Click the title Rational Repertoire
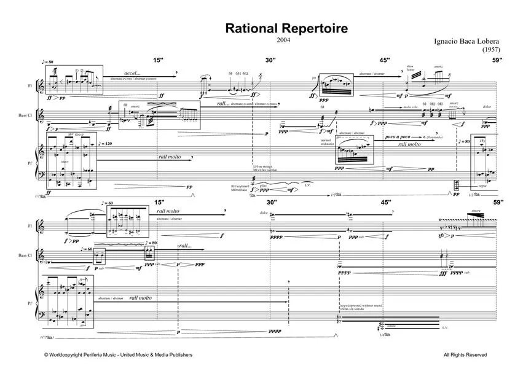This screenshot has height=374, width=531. [286, 28]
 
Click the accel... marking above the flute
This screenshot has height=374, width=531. [133, 72]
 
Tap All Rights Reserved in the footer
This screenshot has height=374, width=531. [465, 355]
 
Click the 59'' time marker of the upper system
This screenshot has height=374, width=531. [497, 60]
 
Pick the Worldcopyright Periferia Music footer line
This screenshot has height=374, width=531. [118, 355]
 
